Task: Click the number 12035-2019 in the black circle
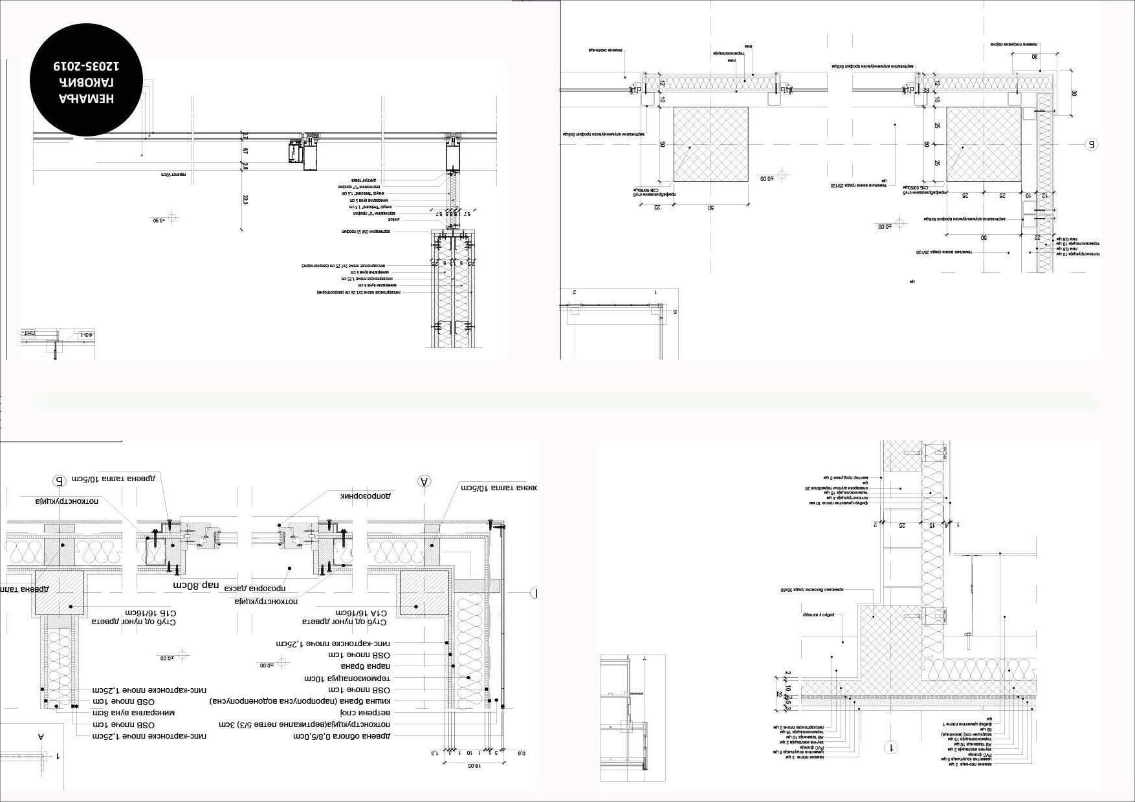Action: tap(87, 66)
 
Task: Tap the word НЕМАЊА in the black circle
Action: tap(87, 98)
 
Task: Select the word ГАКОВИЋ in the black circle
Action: tap(87, 82)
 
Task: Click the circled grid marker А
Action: tap(424, 481)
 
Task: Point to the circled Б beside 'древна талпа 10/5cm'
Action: tap(59, 481)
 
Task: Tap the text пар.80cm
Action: tap(196, 585)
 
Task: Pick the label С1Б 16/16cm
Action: tap(150, 616)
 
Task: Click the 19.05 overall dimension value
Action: tap(475, 766)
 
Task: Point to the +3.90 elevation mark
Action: tap(159, 221)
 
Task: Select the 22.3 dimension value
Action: tap(245, 201)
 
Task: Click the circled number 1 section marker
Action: tap(891, 748)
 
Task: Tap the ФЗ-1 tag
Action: tap(85, 336)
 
